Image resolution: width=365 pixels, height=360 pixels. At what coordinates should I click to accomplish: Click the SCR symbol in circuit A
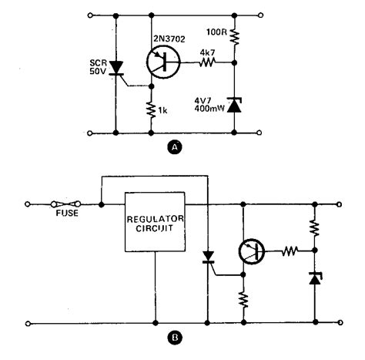(116, 67)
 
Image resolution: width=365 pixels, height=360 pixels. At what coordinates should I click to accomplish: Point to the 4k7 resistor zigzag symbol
(206, 65)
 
